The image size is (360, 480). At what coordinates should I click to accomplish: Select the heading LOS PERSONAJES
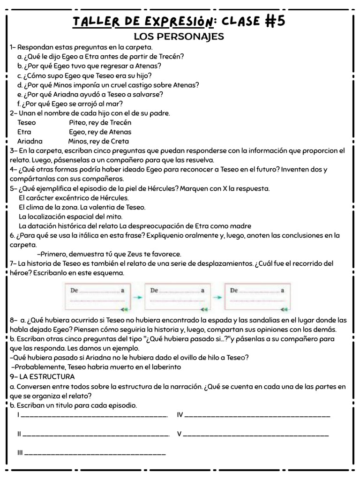[x=179, y=37]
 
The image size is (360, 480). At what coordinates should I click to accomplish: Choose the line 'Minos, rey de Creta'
[x=98, y=141]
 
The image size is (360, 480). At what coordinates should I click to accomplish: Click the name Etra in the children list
[x=24, y=132]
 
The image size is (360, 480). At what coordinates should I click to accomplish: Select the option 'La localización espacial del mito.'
[x=70, y=217]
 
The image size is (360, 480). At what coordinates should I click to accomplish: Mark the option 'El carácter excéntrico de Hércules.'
[x=74, y=198]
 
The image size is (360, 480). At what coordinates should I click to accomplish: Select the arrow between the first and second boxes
[x=136, y=297]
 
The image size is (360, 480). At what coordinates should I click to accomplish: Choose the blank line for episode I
[x=94, y=415]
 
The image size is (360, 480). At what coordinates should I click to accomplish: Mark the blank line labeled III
[x=95, y=453]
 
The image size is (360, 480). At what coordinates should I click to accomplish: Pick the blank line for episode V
[x=256, y=435]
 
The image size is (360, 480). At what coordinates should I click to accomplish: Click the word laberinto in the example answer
[x=165, y=367]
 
